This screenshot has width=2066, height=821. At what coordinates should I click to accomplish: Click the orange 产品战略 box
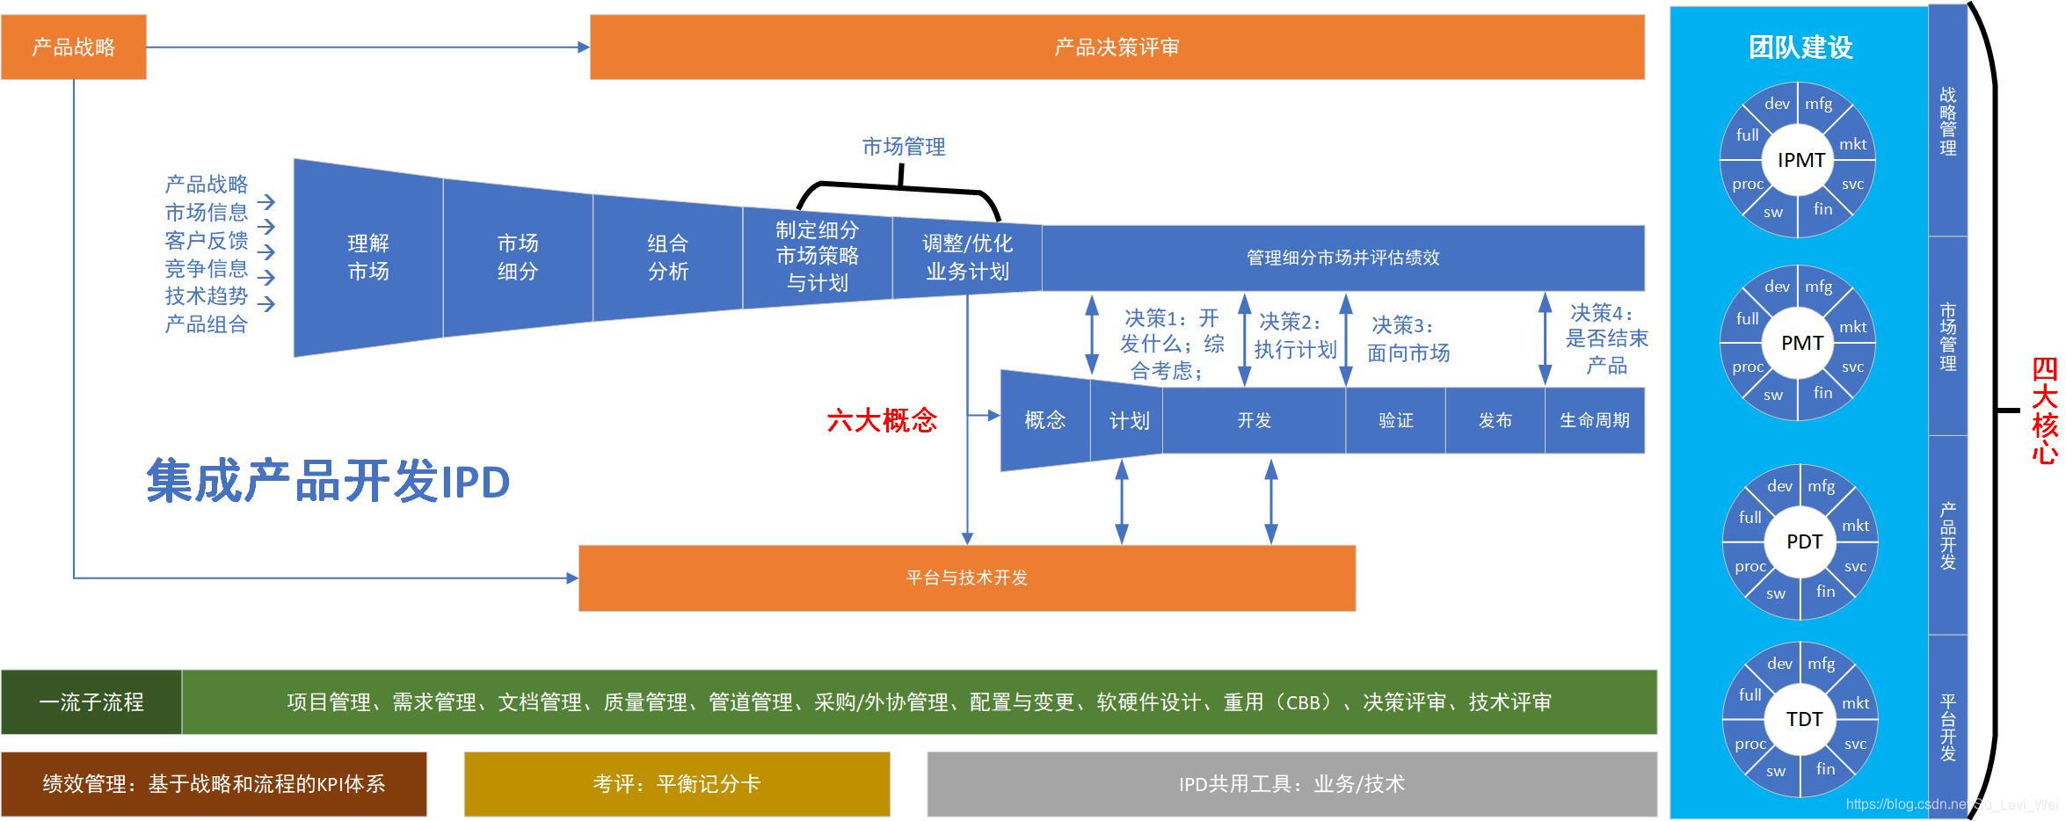(x=74, y=47)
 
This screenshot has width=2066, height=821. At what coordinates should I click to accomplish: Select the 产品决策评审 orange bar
(x=1117, y=47)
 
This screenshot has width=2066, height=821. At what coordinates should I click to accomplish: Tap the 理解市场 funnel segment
(x=368, y=258)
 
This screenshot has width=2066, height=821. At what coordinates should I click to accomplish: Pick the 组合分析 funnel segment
(x=668, y=258)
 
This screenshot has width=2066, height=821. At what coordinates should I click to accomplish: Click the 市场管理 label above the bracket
(x=904, y=147)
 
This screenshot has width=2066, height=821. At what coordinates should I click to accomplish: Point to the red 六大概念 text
(x=882, y=420)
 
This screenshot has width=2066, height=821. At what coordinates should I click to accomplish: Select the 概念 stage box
(x=1045, y=420)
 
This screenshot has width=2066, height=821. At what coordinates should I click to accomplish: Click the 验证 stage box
(x=1396, y=420)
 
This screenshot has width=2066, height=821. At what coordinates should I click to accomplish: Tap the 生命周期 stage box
(x=1595, y=420)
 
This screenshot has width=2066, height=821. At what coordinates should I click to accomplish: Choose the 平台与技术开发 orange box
(x=967, y=578)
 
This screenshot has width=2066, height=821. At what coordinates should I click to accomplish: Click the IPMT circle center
(x=1801, y=160)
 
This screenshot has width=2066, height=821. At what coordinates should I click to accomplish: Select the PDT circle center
(x=1804, y=541)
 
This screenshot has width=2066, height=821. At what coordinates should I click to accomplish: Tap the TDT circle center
(x=1804, y=719)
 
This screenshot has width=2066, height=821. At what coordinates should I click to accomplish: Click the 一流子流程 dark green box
(x=91, y=702)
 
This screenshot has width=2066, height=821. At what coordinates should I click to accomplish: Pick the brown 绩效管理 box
(x=214, y=784)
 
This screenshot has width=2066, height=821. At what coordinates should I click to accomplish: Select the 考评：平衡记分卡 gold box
(x=677, y=784)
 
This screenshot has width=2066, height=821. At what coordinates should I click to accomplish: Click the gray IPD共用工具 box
(x=1291, y=784)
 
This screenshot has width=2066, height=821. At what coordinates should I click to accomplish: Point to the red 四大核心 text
(x=2045, y=410)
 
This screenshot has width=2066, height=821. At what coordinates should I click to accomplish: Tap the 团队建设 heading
(x=1800, y=47)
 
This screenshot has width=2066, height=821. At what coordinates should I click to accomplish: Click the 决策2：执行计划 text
(x=1295, y=336)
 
